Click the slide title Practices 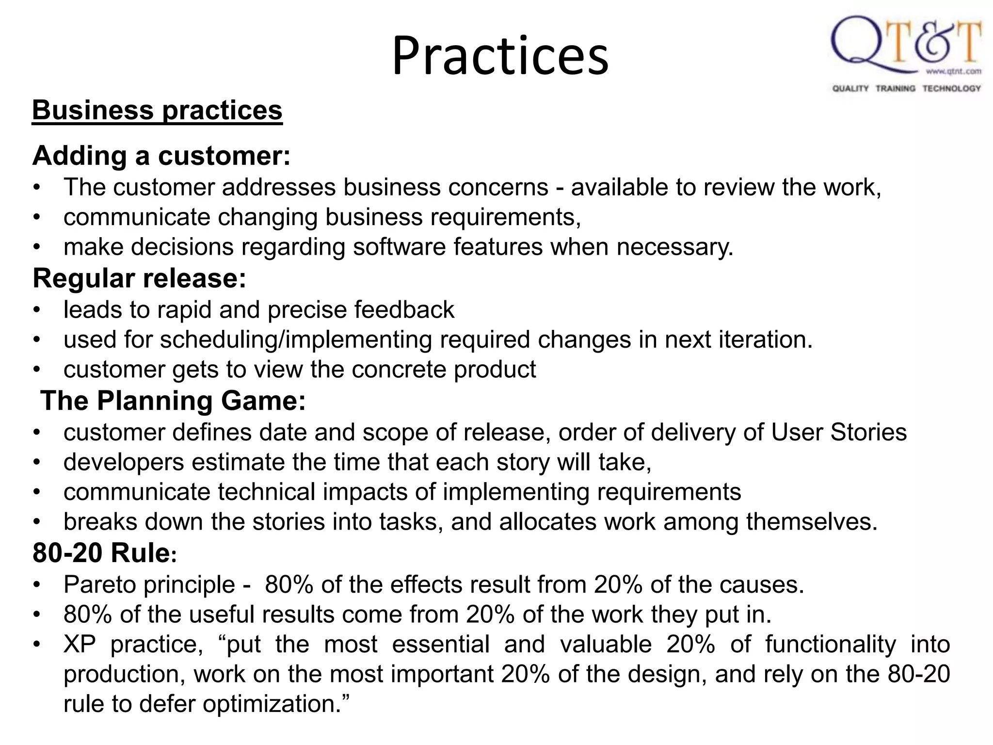click(500, 56)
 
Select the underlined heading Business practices click(157, 111)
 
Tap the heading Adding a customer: click(161, 156)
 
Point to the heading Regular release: click(140, 279)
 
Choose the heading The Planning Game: click(173, 402)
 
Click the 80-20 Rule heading click(104, 553)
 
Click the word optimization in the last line click(272, 704)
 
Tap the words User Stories click(838, 433)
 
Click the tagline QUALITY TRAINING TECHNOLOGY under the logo click(906, 88)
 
